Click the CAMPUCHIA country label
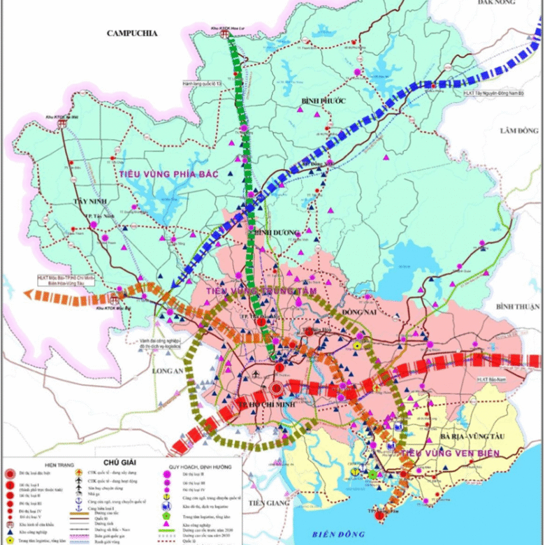pyautogui.click(x=133, y=33)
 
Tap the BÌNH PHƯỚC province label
pyautogui.click(x=324, y=101)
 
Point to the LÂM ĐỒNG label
pyautogui.click(x=519, y=131)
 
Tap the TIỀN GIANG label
pyautogui.click(x=263, y=503)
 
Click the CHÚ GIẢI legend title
pyautogui.click(x=120, y=462)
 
